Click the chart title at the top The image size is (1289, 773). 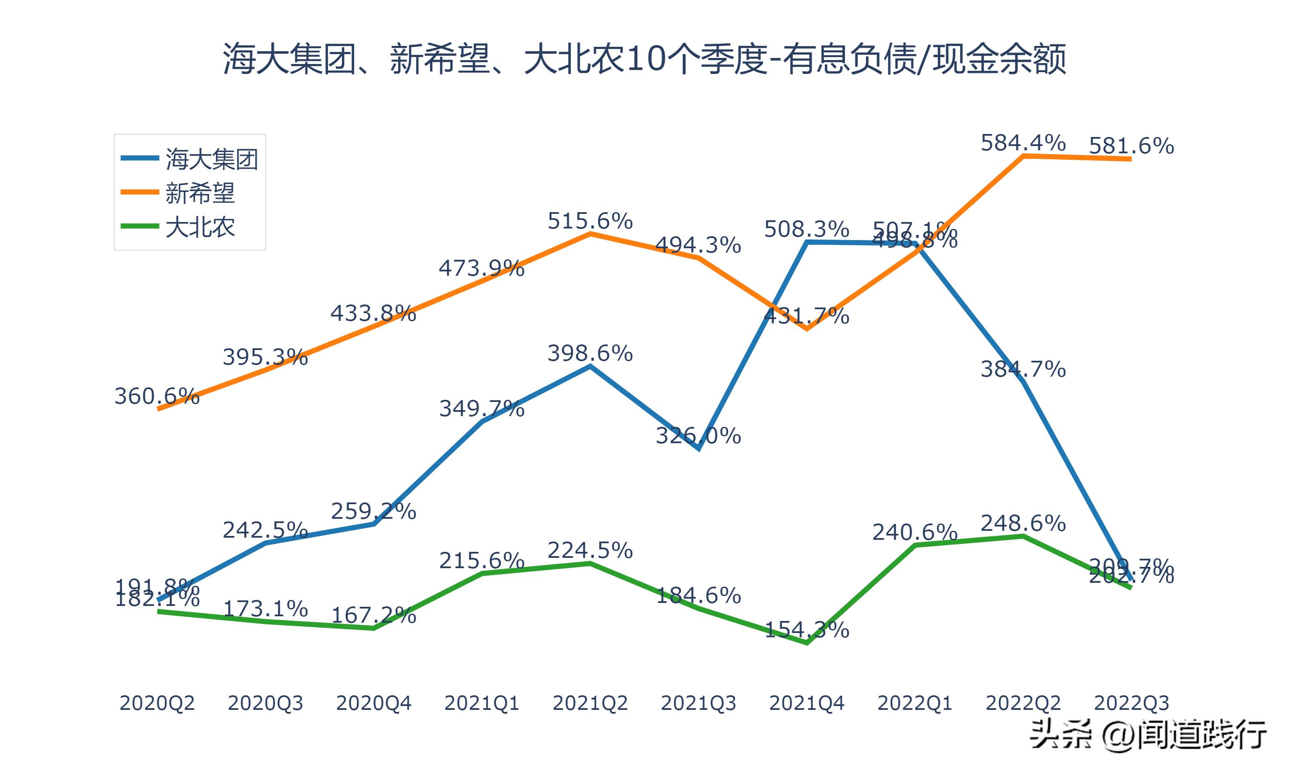pos(644,59)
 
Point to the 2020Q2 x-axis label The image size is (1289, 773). pos(157,703)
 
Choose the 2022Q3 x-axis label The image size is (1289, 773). pos(1131,703)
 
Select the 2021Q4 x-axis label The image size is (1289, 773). pos(806,703)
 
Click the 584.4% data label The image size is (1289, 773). pos(1023,143)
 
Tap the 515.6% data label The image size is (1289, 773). pos(590,221)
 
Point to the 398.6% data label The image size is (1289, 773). pos(590,353)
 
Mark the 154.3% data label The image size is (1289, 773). pos(806,630)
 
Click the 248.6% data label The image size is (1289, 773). pos(1023,523)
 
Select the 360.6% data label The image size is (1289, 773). pos(157,396)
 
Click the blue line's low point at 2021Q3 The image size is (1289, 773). pos(698,448)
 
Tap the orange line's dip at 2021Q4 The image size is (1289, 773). pos(806,329)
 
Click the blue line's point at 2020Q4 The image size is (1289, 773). pos(373,524)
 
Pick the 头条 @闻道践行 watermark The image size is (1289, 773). pos(1146,735)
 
